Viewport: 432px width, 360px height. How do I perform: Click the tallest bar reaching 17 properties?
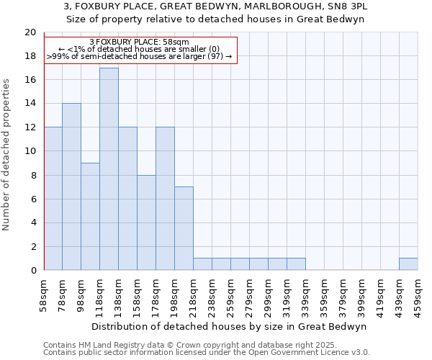pyautogui.click(x=109, y=169)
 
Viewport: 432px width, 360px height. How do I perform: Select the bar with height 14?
pyautogui.click(x=71, y=187)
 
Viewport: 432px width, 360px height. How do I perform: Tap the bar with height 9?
pyautogui.click(x=90, y=217)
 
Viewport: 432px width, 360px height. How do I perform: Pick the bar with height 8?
pyautogui.click(x=146, y=222)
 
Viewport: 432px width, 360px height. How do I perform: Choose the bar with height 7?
pyautogui.click(x=184, y=228)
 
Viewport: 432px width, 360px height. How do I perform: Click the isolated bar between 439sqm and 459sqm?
pyautogui.click(x=408, y=264)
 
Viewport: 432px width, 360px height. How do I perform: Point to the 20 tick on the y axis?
pyautogui.click(x=30, y=32)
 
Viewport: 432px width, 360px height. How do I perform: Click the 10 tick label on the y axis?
pyautogui.click(x=30, y=151)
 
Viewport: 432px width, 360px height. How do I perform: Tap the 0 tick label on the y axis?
pyautogui.click(x=32, y=271)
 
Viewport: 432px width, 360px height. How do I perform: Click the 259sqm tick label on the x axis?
pyautogui.click(x=230, y=295)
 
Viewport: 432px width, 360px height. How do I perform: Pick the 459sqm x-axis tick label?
pyautogui.click(x=418, y=295)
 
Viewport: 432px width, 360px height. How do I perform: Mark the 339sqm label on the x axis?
pyautogui.click(x=305, y=295)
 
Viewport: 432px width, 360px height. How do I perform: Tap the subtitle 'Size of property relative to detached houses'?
pyautogui.click(x=220, y=19)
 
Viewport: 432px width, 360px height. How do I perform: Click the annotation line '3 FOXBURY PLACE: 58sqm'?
pyautogui.click(x=140, y=42)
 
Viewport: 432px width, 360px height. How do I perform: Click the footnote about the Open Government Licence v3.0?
pyautogui.click(x=207, y=353)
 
